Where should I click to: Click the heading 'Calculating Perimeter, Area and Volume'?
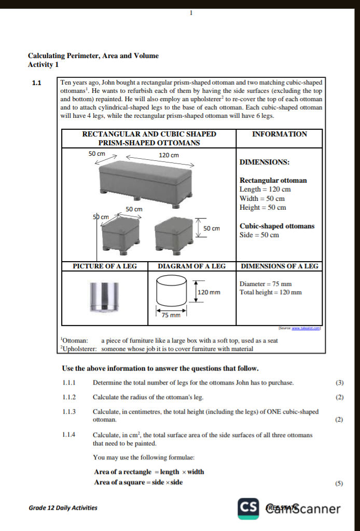93,56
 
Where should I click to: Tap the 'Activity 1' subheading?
43,65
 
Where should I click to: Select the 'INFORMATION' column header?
279,134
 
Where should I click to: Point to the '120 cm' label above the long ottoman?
168,155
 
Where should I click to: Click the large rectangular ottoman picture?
146,180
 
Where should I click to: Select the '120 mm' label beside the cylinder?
209,293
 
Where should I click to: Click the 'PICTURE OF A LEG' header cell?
105,266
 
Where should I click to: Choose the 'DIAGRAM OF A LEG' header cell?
191,266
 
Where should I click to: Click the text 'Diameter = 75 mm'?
266,284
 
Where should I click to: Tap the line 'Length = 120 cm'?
265,189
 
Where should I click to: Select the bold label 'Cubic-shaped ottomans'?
277,226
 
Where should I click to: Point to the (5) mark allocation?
339,483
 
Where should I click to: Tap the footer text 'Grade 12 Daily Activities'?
63,508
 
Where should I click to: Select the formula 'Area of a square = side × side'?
138,482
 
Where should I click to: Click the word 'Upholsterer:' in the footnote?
79,349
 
